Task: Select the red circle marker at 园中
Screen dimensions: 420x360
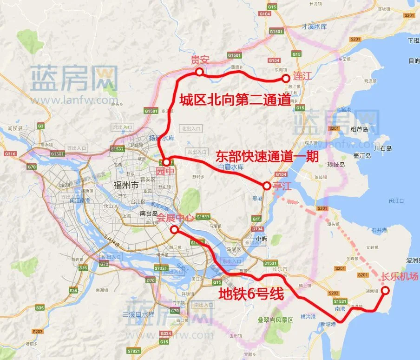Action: coord(166,162)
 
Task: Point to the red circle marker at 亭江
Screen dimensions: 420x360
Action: coord(266,186)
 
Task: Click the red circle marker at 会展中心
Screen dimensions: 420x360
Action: coord(174,229)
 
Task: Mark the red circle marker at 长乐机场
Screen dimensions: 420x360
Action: coord(385,289)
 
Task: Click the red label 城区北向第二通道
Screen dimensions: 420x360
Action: coord(235,100)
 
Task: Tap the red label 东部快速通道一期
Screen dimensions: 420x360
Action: coord(267,157)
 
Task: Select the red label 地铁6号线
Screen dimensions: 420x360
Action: coord(251,293)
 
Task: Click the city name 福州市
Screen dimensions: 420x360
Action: coord(126,185)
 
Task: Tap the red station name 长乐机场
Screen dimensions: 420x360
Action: coord(400,276)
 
